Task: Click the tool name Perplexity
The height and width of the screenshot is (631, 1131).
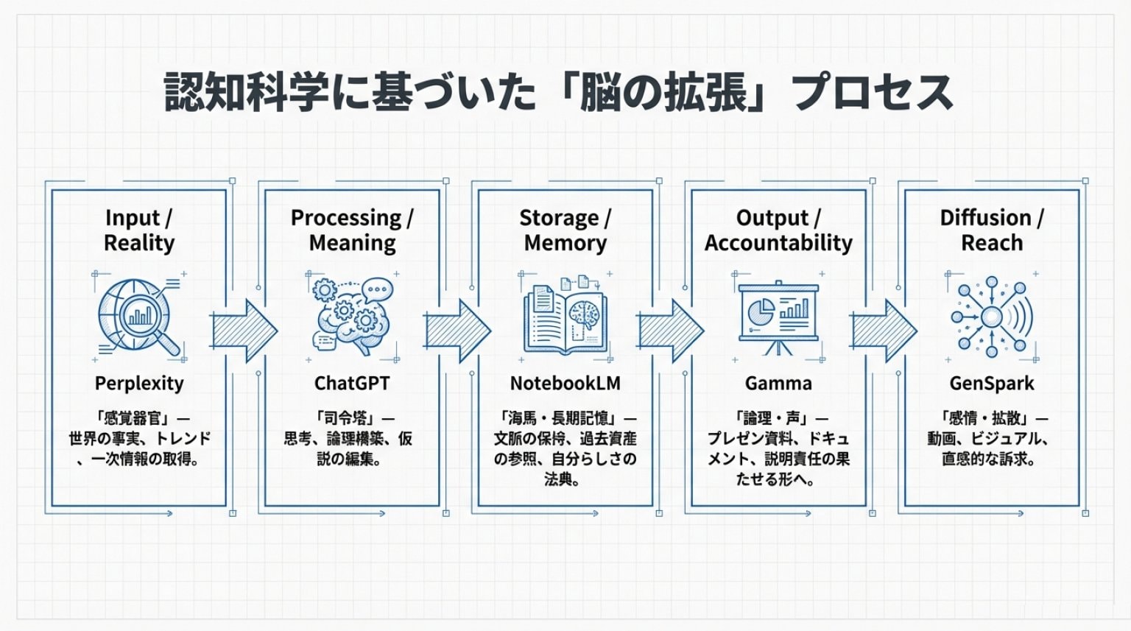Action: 139,384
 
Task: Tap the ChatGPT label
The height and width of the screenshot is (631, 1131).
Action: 352,384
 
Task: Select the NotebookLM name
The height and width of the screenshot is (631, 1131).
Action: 565,384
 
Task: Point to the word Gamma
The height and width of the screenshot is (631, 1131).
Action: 778,384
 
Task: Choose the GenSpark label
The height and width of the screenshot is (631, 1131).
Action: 992,384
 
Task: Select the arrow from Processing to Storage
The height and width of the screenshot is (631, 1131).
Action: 457,331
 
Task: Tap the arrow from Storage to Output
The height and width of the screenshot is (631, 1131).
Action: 671,331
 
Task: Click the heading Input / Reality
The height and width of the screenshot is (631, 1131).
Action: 139,230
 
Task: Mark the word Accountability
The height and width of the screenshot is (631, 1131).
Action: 778,243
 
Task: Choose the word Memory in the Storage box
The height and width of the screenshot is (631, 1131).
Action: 565,243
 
